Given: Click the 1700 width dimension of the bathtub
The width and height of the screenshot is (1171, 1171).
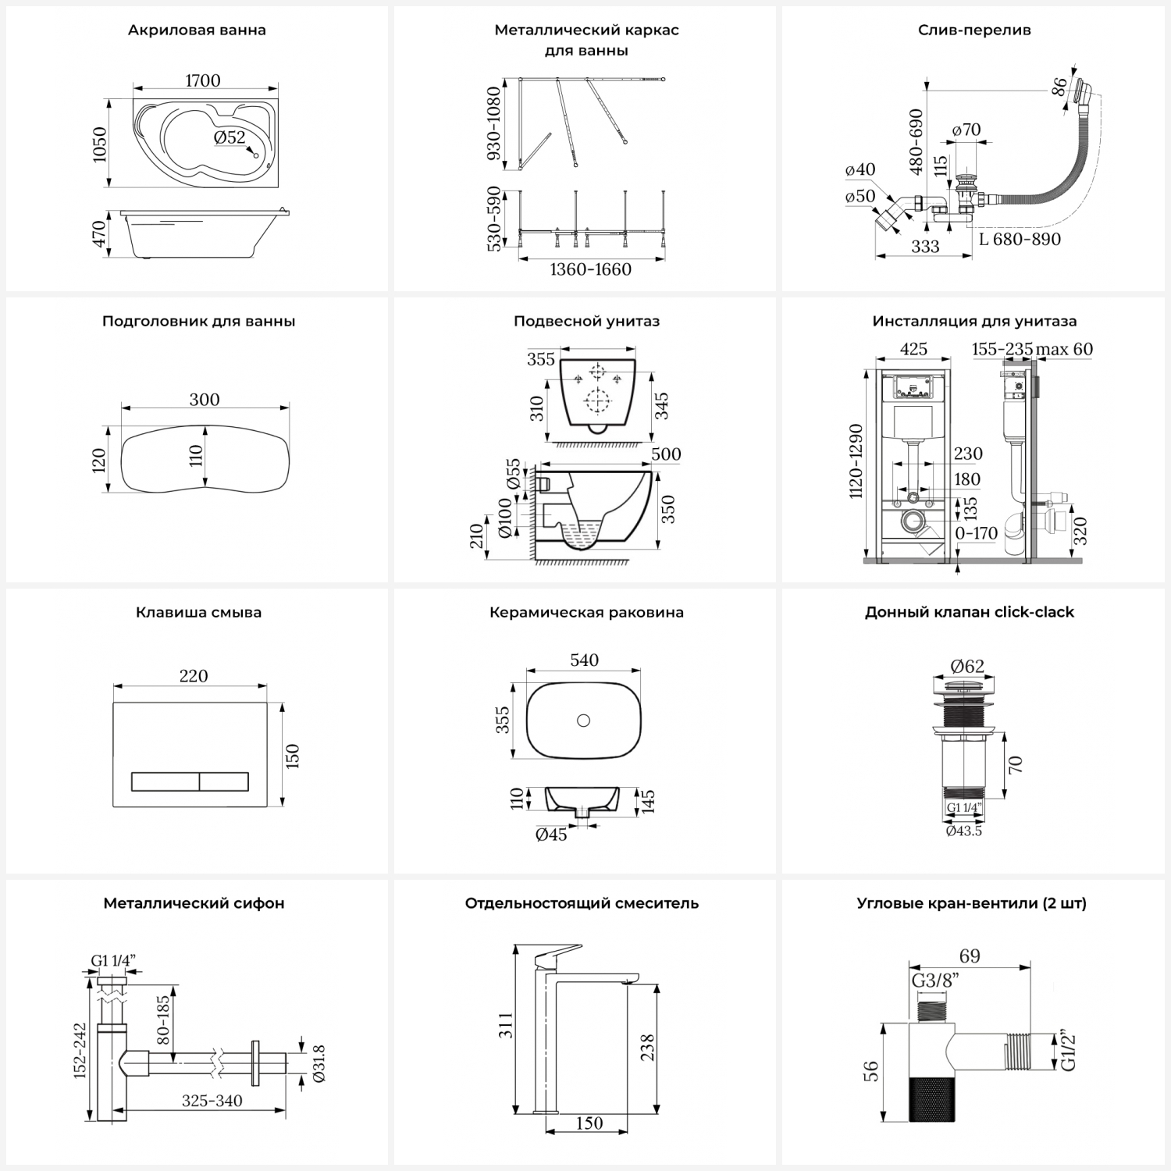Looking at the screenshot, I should click(x=202, y=80).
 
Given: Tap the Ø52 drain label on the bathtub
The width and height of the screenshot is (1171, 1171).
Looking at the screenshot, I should click(x=230, y=137).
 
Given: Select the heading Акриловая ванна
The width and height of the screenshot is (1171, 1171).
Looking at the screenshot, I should click(x=197, y=30).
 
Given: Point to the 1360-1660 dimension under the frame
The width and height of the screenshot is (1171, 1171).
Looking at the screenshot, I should click(x=590, y=269).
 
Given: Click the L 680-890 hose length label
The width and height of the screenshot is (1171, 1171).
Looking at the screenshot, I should click(x=1020, y=239).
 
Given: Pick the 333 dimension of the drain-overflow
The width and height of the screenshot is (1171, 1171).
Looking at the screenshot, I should click(x=925, y=247).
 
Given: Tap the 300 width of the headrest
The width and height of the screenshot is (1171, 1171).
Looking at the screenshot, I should click(x=205, y=400).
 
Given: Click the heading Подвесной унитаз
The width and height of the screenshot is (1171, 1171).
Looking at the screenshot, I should click(x=586, y=321).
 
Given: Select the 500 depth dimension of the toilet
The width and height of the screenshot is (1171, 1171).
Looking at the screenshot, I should click(x=666, y=454).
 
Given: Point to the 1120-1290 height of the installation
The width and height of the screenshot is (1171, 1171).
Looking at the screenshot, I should click(x=856, y=461).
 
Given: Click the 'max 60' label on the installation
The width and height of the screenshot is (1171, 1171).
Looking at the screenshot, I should click(x=1064, y=349).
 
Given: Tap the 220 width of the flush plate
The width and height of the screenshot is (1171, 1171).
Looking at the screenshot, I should click(x=194, y=676).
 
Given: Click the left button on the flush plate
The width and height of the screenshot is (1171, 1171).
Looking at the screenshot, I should click(x=165, y=781).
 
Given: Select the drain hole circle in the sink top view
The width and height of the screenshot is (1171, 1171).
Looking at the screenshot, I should click(x=583, y=720).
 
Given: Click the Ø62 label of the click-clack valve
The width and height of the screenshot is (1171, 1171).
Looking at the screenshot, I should click(x=967, y=667).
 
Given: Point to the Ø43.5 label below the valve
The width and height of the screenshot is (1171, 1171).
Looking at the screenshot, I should click(x=964, y=831).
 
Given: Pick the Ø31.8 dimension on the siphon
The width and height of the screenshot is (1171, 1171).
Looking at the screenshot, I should click(x=318, y=1063).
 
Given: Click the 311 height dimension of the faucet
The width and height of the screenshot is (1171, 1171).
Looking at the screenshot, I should click(x=507, y=1024).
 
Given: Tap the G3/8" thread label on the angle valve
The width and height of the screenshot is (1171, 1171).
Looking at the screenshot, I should click(x=935, y=981).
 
